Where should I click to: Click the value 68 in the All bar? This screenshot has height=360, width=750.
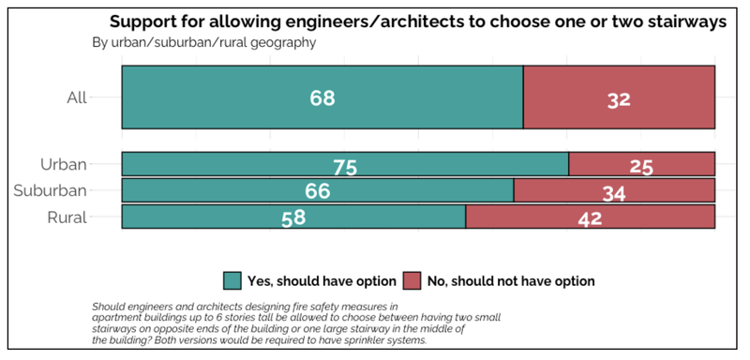click(322, 98)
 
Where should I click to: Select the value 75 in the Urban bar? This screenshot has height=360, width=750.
click(345, 167)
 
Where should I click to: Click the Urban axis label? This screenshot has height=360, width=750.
click(64, 164)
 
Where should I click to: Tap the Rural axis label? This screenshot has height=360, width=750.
click(67, 217)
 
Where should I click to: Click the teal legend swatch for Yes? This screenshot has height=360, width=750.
click(232, 280)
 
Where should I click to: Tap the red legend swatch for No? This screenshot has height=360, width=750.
click(412, 280)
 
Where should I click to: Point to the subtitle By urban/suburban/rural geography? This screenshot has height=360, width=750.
click(203, 42)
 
